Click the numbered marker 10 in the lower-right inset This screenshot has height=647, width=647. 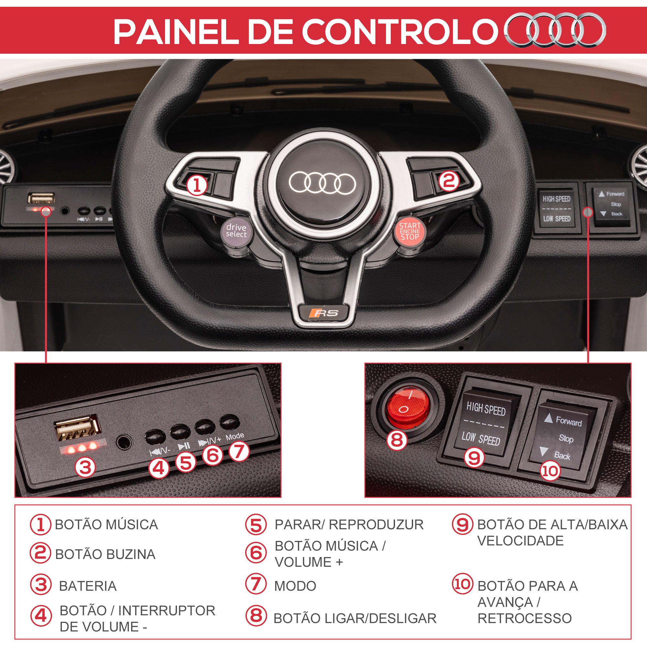pyautogui.click(x=550, y=471)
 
